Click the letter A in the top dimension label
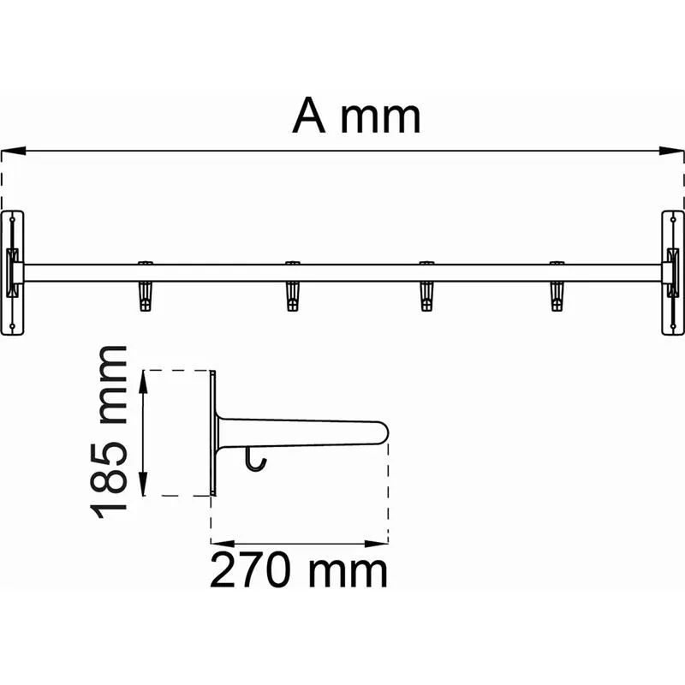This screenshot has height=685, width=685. [x=309, y=116]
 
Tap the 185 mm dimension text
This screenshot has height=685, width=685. [x=109, y=432]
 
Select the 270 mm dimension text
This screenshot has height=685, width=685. [x=299, y=569]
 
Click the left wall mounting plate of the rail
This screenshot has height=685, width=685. [x=12, y=273]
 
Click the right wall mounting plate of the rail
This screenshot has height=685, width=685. [x=673, y=273]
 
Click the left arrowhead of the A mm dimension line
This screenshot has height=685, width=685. [x=13, y=151]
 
